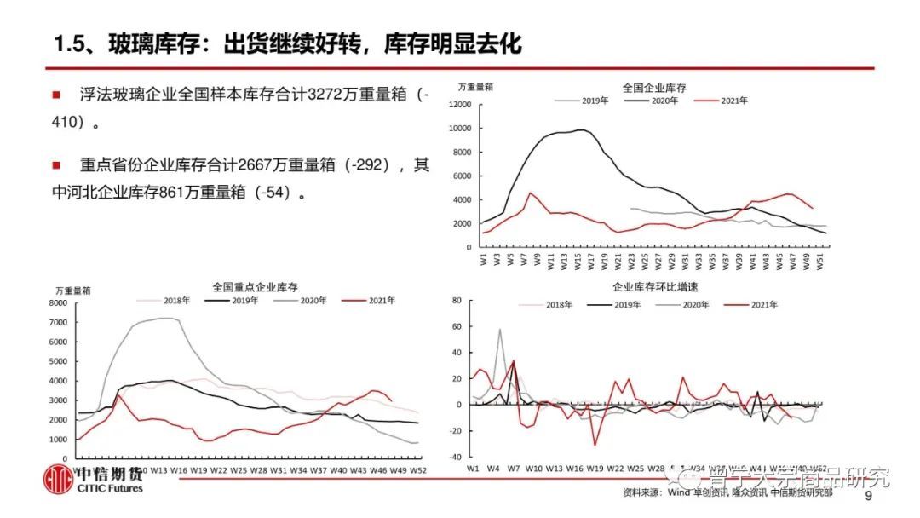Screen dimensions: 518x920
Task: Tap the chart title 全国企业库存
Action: [654, 87]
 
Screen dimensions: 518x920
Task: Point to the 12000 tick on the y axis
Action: [458, 105]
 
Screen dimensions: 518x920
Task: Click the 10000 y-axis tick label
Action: [458, 129]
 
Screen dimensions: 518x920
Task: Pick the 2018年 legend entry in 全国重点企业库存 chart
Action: [173, 300]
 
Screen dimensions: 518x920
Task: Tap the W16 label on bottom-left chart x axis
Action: [179, 469]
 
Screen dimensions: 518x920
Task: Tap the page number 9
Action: [868, 496]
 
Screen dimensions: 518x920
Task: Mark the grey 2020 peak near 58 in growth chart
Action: [499, 329]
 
